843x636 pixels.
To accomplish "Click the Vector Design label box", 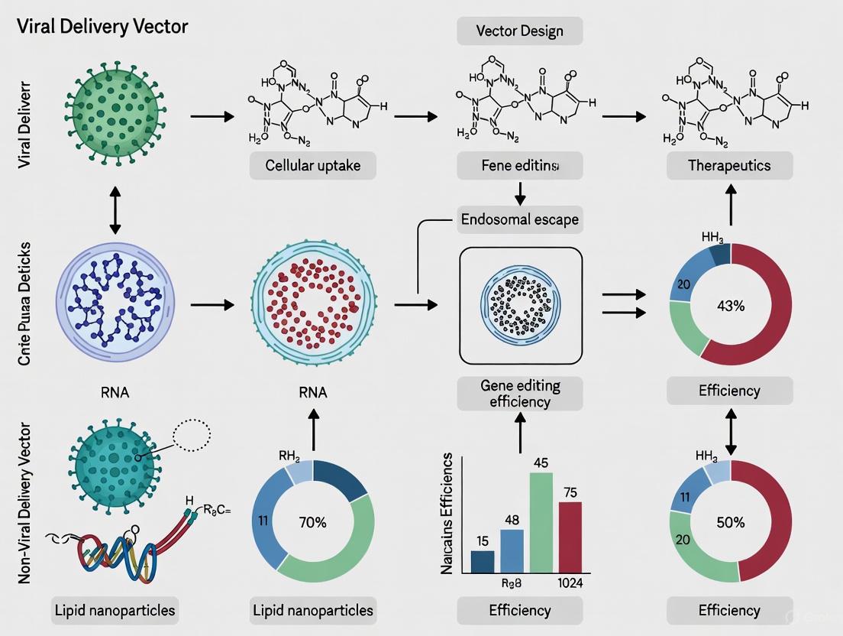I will [520, 31].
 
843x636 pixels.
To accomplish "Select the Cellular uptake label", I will [313, 165].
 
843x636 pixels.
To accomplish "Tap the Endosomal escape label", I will [520, 220].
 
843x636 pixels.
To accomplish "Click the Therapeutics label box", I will [729, 165].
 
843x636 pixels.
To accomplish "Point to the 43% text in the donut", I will [729, 304].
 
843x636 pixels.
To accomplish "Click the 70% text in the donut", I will [312, 523].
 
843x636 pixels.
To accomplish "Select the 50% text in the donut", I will [729, 523].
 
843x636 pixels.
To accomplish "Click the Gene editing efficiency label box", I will [520, 394].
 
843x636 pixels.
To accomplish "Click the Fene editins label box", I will [520, 165].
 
